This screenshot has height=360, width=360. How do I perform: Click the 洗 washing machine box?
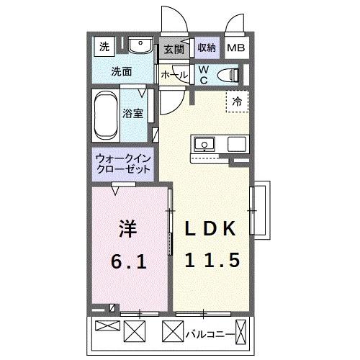pos(104,48)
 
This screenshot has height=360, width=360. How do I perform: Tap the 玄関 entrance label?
pos(174,49)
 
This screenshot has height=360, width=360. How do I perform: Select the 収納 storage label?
pos(207,48)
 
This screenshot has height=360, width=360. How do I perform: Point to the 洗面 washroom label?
pos(121,71)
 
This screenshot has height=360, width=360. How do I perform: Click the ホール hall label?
pos(174,74)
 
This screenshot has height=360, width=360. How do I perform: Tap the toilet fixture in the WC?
pos(229,73)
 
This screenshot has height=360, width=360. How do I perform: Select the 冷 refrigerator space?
pos(235,102)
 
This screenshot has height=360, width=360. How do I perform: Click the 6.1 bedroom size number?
pos(130,261)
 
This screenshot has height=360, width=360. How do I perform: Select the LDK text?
pos(210,230)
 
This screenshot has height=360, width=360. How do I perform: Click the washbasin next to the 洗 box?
pos(140,48)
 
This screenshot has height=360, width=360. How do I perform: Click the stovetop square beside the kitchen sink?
pos(237,144)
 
